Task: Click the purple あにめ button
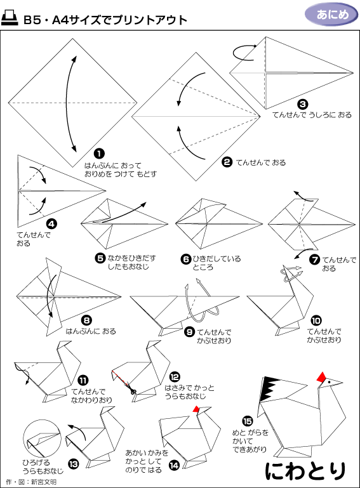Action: pos(331,15)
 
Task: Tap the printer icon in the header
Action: pos(10,18)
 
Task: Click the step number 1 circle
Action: pos(99,154)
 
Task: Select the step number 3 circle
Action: pos(302,104)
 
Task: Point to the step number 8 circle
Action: pos(86,320)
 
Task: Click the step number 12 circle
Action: pos(175,377)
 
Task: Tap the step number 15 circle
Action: pos(248,421)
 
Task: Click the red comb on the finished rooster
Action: pos(322,377)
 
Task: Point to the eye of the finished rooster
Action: pos(329,382)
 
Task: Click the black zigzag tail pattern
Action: pos(269,390)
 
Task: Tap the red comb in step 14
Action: pos(196,409)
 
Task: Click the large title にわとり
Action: pos(305,472)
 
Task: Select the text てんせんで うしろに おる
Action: pos(312,115)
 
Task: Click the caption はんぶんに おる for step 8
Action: pos(91,331)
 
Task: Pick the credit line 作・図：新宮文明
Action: pos(31,482)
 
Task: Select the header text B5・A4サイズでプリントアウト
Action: pos(105,20)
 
